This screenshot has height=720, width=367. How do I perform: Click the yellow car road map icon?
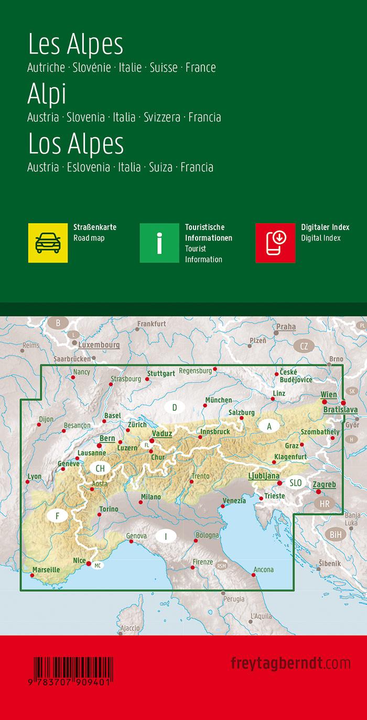point(48,243)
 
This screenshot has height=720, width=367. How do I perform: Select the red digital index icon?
point(275,243)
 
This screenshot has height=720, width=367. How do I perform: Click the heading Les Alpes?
point(75,45)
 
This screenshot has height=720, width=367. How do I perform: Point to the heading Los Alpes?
point(76,144)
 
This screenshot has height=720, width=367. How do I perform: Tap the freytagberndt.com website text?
point(290,663)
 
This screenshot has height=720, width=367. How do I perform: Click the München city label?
point(219,400)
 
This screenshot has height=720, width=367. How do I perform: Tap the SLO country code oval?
point(296,483)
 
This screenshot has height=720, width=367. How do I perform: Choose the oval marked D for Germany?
point(175,407)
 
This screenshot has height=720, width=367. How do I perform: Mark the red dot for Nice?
point(89,564)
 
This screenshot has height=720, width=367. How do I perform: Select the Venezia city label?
point(234,500)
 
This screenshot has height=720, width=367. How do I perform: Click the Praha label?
point(286,326)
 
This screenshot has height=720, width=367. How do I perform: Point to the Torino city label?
point(109,509)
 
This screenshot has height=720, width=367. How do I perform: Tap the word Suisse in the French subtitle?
point(164,68)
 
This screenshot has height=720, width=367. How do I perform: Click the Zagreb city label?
point(324,485)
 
